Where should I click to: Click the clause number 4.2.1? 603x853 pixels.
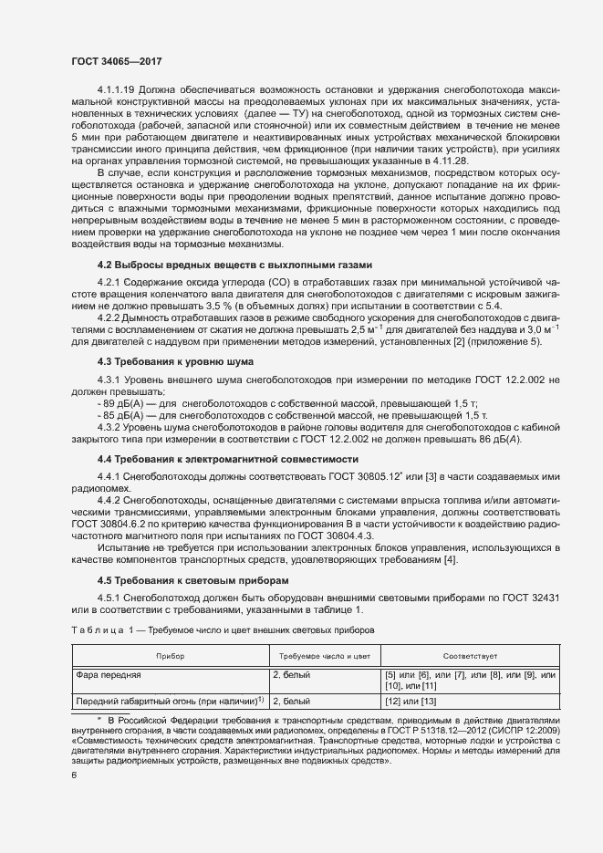109,283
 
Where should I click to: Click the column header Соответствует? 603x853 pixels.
470,657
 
